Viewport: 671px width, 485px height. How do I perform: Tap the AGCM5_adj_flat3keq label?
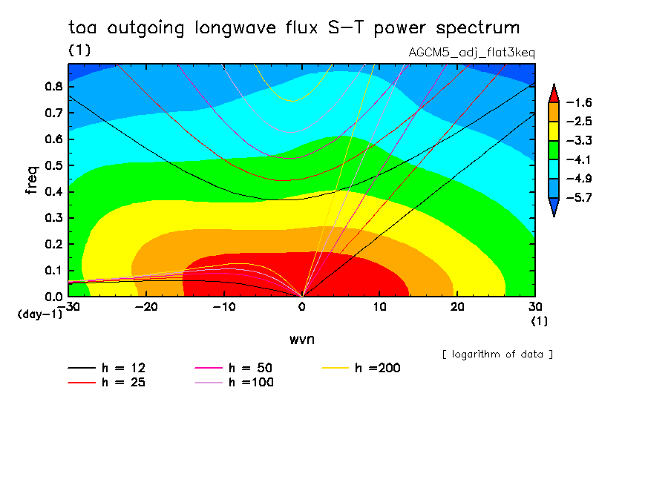472,53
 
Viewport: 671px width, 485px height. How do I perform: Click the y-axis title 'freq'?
31,180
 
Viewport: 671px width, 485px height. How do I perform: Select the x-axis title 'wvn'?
301,339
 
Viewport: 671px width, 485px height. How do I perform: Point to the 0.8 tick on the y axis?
53,86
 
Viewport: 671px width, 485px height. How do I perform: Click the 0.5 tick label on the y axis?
53,165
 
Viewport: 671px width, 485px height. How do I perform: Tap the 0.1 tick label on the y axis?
53,270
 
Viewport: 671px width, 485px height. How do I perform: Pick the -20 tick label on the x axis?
145,307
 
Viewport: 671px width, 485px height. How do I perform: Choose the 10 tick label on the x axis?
379,307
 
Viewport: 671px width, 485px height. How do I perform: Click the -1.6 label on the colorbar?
578,102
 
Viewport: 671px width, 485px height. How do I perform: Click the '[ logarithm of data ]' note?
497,354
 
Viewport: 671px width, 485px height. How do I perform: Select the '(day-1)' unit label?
40,314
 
